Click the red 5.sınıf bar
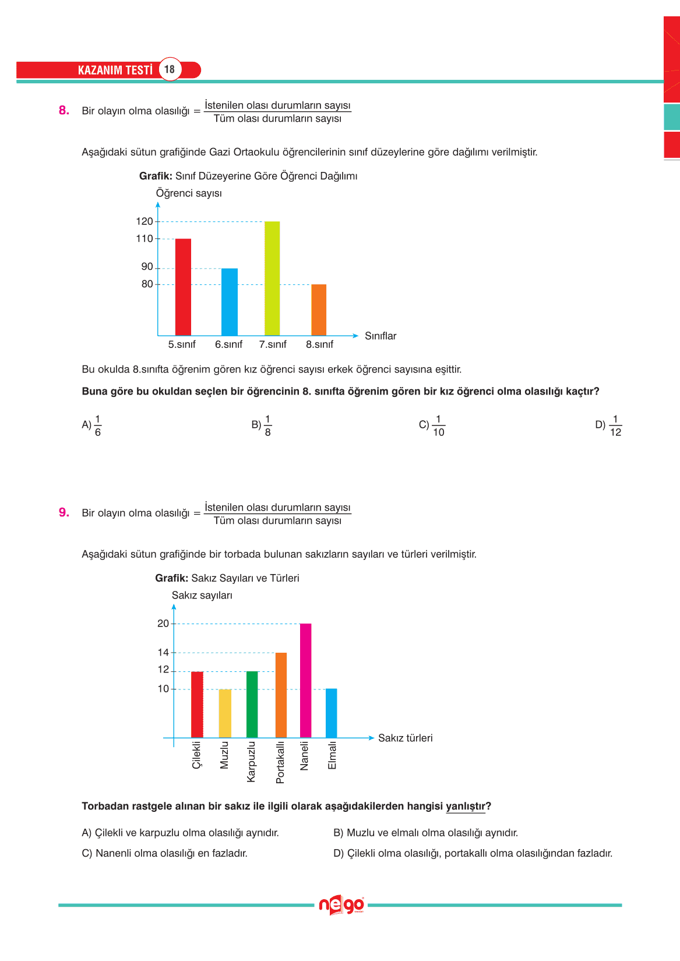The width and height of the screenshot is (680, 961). tap(183, 287)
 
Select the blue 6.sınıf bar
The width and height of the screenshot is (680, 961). tap(229, 302)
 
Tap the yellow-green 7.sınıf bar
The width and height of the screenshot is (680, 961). tap(272, 278)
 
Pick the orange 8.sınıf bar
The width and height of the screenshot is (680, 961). tap(319, 309)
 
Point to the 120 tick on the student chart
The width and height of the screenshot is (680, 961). tap(145, 221)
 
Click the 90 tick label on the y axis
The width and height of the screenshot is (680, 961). tap(147, 267)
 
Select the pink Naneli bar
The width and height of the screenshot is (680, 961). tap(305, 680)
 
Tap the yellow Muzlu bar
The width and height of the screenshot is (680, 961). tap(225, 713)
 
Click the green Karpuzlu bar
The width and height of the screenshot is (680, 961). tap(252, 704)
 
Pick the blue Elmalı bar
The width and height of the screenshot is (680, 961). tap(331, 713)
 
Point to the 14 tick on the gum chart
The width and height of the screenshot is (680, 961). tap(163, 653)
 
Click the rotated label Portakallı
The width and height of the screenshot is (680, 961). tap(280, 762)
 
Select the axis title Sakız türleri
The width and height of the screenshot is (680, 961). tap(405, 738)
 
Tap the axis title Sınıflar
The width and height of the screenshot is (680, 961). tap(380, 336)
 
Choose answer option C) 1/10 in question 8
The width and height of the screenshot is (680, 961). tap(432, 425)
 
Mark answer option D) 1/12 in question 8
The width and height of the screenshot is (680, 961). tap(609, 425)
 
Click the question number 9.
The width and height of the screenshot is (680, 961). tap(64, 513)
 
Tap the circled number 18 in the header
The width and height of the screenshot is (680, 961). tap(170, 69)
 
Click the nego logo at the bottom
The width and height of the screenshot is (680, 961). tap(341, 905)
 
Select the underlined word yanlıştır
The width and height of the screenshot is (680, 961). tap(465, 807)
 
